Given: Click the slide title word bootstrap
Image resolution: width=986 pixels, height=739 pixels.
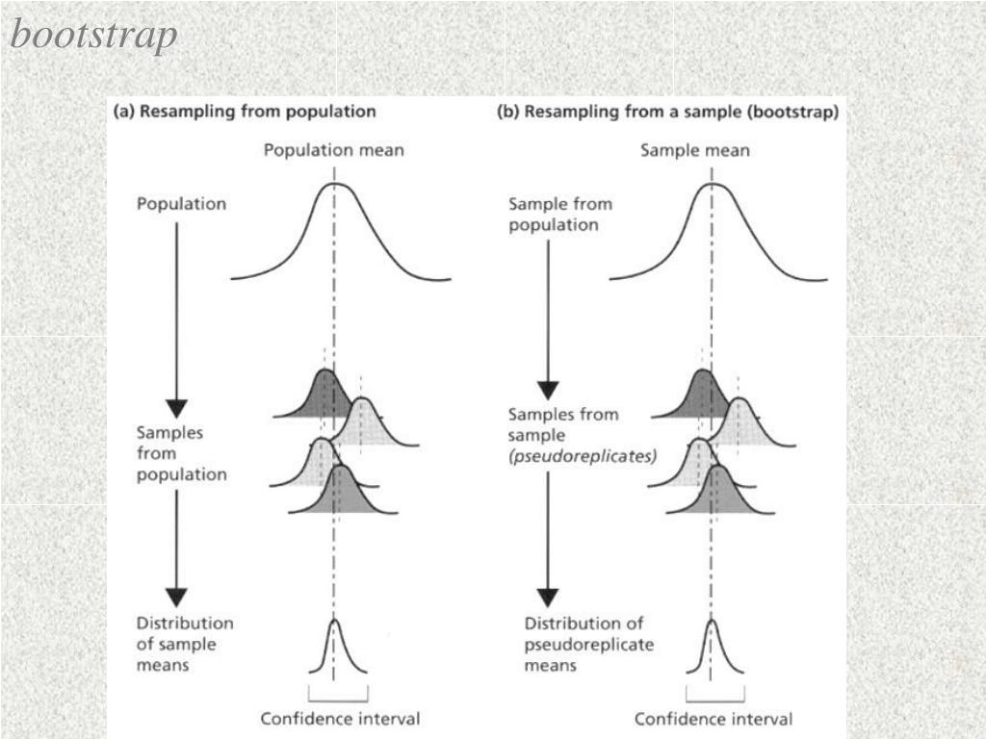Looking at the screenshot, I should tap(94, 36).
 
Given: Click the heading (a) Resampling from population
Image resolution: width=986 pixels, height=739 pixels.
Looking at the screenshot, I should tap(245, 112).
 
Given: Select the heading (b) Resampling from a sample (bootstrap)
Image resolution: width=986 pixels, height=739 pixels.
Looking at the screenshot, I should tap(667, 112).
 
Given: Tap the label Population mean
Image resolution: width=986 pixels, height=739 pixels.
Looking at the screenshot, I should tap(334, 150).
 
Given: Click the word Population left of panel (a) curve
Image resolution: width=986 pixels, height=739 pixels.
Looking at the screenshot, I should tap(182, 204).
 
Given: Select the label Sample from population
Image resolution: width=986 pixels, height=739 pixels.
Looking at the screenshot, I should tap(559, 215).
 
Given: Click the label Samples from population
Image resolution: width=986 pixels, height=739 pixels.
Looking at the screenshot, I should tap(182, 453).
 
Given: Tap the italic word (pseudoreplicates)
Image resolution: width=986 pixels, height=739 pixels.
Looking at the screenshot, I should tap(583, 456).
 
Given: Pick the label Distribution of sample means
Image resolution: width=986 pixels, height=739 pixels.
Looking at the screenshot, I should tap(185, 644).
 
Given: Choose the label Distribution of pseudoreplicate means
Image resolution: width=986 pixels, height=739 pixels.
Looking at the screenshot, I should tap(588, 644).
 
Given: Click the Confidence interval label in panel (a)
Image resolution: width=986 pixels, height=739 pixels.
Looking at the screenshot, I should tap(340, 719).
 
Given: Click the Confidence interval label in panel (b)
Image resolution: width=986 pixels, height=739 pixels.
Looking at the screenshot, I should tap(714, 719).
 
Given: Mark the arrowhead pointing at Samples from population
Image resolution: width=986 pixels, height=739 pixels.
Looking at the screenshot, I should tap(176, 408).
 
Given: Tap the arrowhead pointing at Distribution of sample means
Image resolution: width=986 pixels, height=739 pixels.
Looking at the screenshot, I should tap(176, 598).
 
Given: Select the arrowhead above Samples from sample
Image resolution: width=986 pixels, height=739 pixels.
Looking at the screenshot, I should tap(547, 391).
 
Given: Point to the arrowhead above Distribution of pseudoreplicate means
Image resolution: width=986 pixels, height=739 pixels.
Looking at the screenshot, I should tap(547, 598).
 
